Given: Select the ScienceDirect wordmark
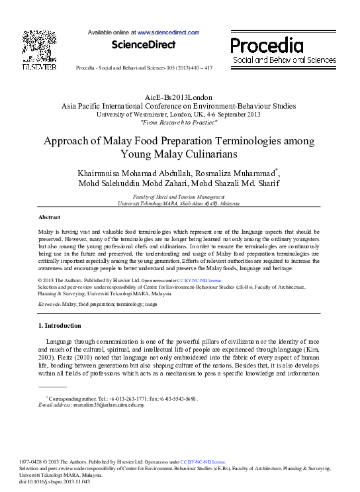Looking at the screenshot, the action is coord(144,45).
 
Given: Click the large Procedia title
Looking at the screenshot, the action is coord(267,46).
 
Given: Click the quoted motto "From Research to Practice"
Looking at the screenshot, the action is coord(179,122).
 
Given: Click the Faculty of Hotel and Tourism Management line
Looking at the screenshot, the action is coord(179,197).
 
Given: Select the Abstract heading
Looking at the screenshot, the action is coord(50,217).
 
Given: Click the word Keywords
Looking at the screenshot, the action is coord(50,303).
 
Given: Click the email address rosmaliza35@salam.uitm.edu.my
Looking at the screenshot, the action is coord(109,405).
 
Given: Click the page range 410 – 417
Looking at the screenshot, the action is coord(200,68).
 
